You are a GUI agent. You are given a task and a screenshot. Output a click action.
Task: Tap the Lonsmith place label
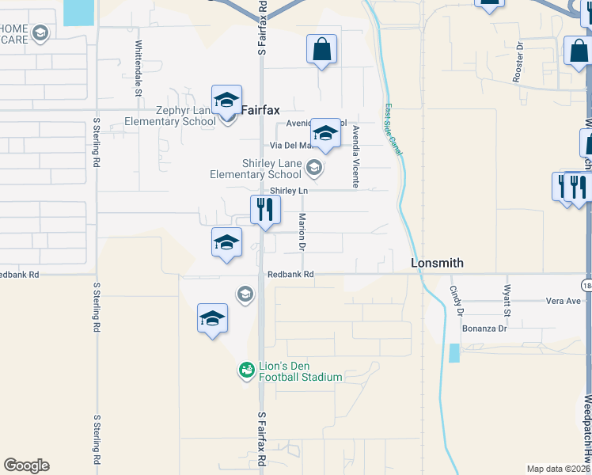[x=437, y=263]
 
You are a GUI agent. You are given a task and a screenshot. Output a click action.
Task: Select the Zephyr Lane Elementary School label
[x=170, y=116]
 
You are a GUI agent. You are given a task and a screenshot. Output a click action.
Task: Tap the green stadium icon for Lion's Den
[x=246, y=370]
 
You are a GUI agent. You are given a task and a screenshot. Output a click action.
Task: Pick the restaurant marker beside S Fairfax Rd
[x=265, y=211]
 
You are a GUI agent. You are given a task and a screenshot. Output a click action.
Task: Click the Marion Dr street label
[x=302, y=233]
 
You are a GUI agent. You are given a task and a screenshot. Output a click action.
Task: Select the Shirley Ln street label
[x=288, y=191]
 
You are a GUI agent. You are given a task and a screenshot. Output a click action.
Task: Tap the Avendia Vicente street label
[x=356, y=156]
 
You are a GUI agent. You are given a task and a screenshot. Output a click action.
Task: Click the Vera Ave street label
[x=564, y=301]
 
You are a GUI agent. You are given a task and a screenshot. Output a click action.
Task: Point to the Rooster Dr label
[x=520, y=58]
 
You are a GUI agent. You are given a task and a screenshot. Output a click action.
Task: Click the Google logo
[x=26, y=465]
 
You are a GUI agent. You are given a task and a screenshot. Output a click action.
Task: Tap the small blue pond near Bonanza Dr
[x=453, y=353]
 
